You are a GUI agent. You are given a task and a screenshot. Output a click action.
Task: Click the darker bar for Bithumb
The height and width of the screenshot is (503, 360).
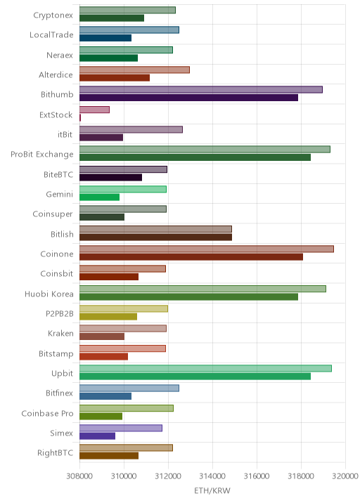click(x=189, y=98)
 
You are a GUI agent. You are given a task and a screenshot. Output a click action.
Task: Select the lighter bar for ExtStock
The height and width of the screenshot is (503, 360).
click(x=94, y=110)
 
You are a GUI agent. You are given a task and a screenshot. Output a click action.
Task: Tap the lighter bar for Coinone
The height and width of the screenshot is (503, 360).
click(x=207, y=249)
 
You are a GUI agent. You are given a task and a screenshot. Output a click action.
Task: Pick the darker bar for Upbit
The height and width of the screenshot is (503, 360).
click(x=195, y=377)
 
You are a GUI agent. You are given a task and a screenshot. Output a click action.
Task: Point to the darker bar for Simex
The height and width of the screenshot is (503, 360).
click(x=97, y=436)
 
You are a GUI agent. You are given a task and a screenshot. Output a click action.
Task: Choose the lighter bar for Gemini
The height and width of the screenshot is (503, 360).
click(x=123, y=189)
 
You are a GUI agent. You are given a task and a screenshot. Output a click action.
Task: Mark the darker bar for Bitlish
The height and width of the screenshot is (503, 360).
click(x=156, y=237)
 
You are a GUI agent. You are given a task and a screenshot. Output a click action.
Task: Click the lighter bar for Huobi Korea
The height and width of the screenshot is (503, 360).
click(x=202, y=289)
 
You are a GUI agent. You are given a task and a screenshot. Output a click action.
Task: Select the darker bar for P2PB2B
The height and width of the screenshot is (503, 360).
click(x=108, y=317)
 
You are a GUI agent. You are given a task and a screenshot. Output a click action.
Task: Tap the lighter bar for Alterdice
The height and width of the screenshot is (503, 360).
click(x=134, y=70)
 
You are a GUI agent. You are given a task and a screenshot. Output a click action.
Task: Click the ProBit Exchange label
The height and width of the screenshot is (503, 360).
click(x=41, y=155)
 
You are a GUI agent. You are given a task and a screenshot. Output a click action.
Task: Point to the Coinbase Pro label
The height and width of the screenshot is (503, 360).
click(x=47, y=413)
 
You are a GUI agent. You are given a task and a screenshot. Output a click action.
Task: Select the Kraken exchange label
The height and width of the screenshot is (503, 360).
click(x=60, y=334)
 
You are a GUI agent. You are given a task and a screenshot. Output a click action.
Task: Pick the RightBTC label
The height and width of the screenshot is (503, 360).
click(x=56, y=453)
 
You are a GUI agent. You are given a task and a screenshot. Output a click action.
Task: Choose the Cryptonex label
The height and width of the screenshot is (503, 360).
click(x=53, y=15)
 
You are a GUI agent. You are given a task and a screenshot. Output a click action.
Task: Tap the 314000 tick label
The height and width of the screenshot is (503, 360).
click(x=212, y=476)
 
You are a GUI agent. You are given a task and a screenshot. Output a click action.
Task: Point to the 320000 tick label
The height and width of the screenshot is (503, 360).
click(x=345, y=476)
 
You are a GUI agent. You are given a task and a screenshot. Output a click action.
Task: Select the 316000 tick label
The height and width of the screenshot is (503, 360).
click(x=257, y=476)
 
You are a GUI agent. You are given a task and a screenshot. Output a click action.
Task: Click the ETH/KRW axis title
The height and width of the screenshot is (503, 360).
click(x=212, y=490)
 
